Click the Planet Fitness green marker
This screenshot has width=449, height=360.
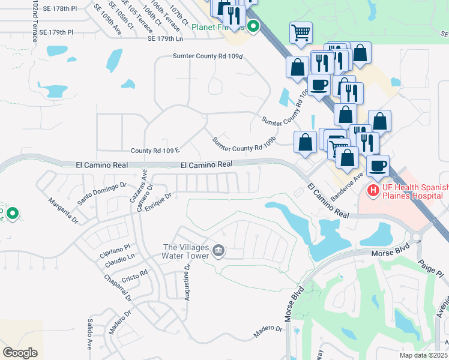click(253, 26)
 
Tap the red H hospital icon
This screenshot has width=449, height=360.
click(373, 190)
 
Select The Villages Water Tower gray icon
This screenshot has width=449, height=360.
click(218, 251)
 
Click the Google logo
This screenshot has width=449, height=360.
click(20, 353)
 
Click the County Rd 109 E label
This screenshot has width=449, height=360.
click(155, 150)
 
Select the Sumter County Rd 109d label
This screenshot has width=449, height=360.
click(208, 56)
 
